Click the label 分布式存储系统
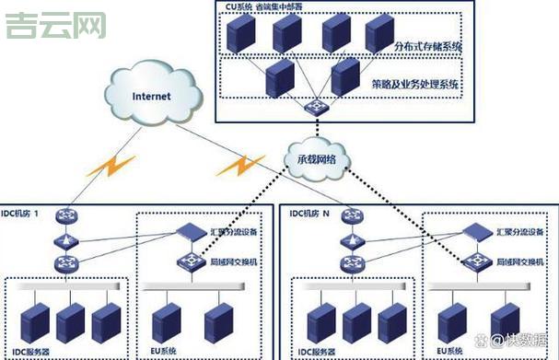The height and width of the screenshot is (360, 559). (413, 45)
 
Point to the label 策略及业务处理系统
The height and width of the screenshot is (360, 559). (415, 83)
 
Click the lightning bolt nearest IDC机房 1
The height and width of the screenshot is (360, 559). (108, 167)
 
